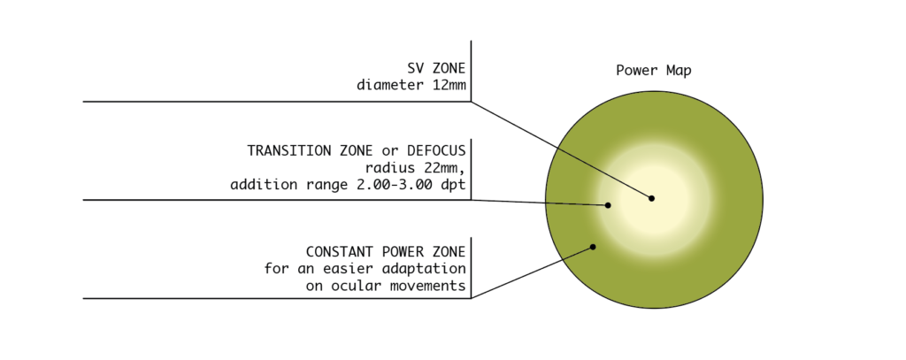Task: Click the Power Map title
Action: (654, 71)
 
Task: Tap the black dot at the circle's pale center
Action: (651, 198)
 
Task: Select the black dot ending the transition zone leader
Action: (608, 205)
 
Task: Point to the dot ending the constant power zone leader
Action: (593, 247)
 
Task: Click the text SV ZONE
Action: (436, 68)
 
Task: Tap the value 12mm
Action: (449, 85)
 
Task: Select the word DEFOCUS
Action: (436, 151)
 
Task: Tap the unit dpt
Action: (452, 185)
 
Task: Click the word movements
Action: (428, 286)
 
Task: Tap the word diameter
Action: (390, 85)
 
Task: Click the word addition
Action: (263, 185)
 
